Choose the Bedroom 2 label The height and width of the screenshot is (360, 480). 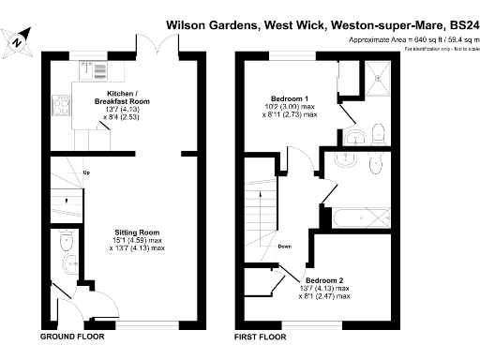[323, 280]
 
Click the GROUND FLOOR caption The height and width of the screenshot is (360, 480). [71, 336]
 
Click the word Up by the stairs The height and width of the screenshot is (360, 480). [86, 172]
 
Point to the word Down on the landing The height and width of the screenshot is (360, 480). [284, 247]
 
